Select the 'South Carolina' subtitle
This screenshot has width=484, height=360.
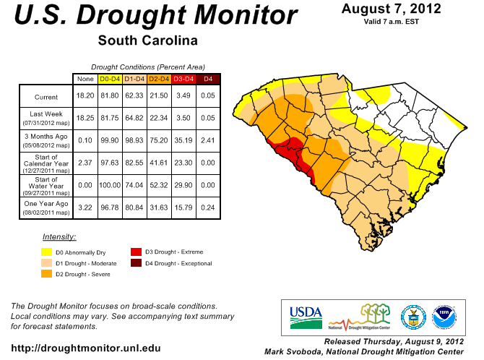(x=147, y=40)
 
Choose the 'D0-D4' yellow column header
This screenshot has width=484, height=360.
(x=109, y=78)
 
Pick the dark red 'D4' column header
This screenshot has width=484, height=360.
(x=208, y=78)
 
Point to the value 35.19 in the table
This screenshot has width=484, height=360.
(x=183, y=137)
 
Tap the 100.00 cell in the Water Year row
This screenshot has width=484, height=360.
(x=109, y=185)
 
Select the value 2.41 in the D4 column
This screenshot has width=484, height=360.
(x=208, y=137)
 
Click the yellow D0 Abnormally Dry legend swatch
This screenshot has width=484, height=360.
(x=47, y=252)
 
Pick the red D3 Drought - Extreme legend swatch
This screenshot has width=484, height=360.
(x=137, y=252)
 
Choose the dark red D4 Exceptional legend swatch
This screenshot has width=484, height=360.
(x=137, y=264)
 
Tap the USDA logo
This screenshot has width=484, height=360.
(x=306, y=313)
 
